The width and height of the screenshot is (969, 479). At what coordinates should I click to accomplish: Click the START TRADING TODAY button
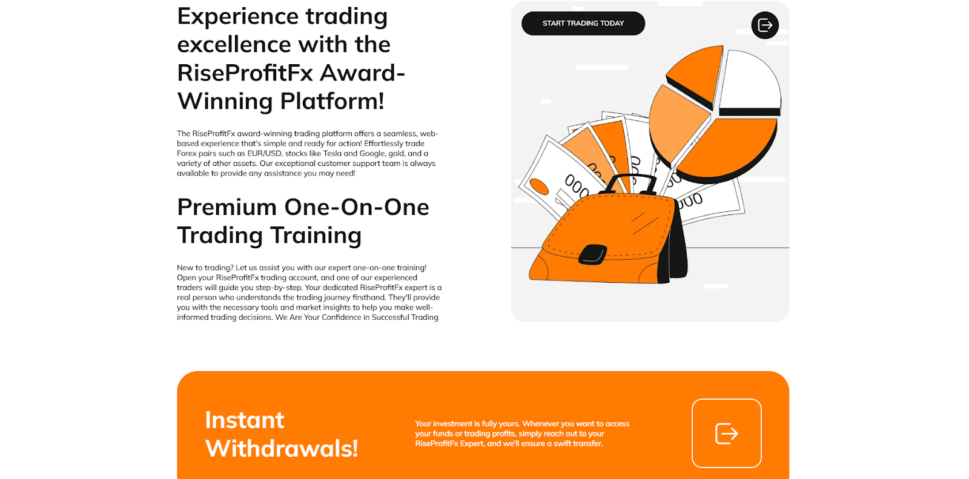583,24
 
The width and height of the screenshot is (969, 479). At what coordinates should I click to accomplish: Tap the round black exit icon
765,25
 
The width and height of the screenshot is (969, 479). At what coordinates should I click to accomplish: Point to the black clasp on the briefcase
593,254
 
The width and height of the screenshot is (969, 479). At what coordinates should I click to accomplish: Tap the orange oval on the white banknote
539,187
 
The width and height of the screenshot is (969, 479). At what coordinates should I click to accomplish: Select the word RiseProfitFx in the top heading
245,73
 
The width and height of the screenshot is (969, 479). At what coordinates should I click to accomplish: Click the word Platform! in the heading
332,101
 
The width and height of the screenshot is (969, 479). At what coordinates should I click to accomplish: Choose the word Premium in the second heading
227,207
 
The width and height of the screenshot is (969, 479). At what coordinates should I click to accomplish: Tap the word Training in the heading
316,236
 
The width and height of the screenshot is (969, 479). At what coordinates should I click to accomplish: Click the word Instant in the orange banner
245,420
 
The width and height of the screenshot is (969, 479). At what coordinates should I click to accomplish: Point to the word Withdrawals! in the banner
282,448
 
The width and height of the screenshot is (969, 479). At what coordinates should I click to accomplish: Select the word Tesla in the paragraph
332,153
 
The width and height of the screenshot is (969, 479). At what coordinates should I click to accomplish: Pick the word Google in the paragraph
372,154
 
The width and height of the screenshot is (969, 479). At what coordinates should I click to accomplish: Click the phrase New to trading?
205,268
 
